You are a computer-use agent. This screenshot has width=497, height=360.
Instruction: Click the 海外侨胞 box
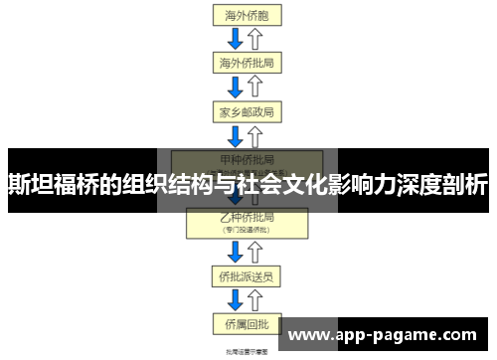click(x=246, y=15)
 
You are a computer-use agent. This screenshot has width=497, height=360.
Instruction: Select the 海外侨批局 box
click(x=246, y=63)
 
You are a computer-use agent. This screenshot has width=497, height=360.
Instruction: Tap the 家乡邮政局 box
click(x=246, y=110)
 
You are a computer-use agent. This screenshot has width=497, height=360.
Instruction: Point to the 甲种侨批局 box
click(x=246, y=159)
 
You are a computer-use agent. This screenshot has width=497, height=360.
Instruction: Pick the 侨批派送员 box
click(x=246, y=274)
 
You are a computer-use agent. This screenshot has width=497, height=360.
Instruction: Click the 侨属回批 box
click(x=246, y=322)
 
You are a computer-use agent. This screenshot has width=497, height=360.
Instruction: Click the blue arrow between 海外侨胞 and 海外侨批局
click(x=236, y=39)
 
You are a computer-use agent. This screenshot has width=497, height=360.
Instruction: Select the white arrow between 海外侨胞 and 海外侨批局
click(x=254, y=39)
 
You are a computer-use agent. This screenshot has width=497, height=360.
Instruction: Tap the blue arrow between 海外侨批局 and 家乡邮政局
click(x=236, y=87)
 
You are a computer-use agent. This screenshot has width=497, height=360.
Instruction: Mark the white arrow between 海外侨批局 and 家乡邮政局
click(x=254, y=87)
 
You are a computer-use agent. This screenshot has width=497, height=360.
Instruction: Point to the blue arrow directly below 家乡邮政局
click(x=236, y=134)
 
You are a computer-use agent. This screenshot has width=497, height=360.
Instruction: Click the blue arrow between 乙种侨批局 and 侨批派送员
click(x=236, y=251)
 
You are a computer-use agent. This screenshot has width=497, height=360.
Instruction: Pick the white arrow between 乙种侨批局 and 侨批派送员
click(x=254, y=251)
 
